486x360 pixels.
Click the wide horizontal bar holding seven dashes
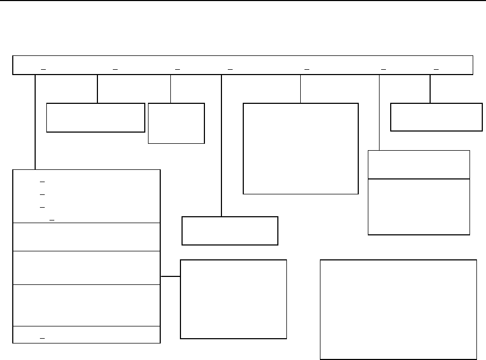243,64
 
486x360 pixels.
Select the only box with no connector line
398,309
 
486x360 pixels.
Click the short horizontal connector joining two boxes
170,277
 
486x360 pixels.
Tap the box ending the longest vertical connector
229,231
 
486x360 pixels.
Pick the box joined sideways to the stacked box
233,299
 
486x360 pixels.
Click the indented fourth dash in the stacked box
52,219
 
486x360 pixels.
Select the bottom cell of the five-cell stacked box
86,334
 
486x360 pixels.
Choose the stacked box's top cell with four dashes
86,196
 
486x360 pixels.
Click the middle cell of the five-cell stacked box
86,268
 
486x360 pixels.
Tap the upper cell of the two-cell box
419,165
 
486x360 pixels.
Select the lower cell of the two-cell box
419,207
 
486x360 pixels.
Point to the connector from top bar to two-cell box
379,112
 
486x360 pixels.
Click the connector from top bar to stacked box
35,122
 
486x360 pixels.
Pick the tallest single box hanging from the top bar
300,149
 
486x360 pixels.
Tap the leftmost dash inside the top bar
43,69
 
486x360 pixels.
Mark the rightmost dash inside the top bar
436,69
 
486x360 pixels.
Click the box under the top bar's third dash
176,123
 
